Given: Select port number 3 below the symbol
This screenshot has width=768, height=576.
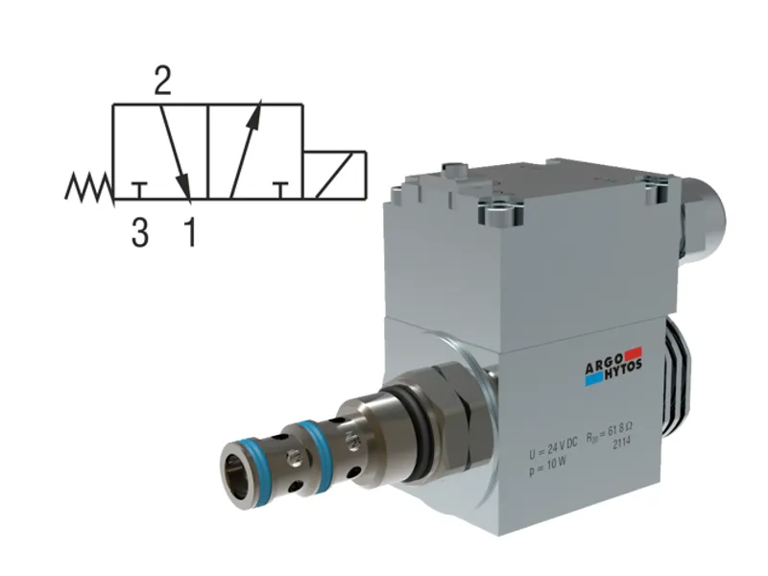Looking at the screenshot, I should tap(140, 233).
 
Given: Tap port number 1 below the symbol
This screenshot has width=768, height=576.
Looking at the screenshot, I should tap(190, 233).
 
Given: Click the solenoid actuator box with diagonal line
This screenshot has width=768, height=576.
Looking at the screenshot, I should tap(335, 176).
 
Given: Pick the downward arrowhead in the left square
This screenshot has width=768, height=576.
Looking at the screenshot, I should tap(185, 189).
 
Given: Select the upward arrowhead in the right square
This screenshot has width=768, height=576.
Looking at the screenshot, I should tap(254, 118).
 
